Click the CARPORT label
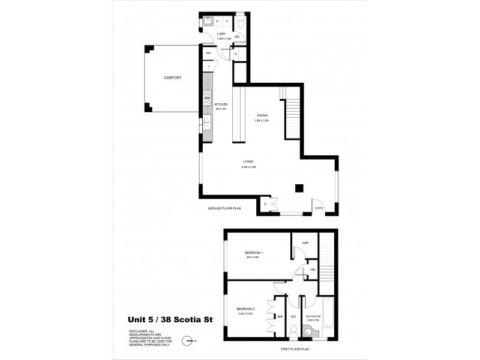[172, 78]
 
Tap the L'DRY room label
[221, 34]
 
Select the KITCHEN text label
[221, 104]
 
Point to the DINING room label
[262, 115]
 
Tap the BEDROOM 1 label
[254, 253]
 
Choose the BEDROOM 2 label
[246, 308]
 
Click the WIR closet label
[305, 243]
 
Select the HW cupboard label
[313, 269]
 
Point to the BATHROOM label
[314, 316]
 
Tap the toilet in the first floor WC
[293, 331]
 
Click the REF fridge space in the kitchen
[209, 53]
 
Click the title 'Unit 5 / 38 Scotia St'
[179, 320]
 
